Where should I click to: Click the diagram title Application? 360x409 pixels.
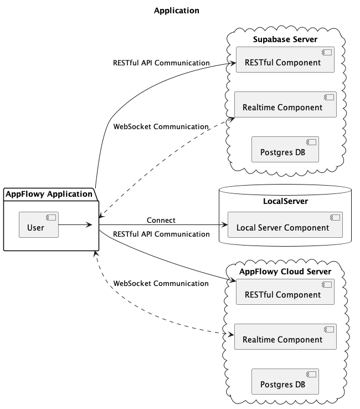pyautogui.click(x=177, y=11)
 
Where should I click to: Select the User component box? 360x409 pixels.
pyautogui.click(x=38, y=224)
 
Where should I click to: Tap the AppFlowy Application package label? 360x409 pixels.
pyautogui.click(x=49, y=194)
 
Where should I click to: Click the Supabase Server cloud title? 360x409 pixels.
pyautogui.click(x=285, y=39)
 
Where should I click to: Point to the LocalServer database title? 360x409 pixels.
pyautogui.click(x=285, y=201)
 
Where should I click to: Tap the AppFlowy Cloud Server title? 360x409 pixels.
pyautogui.click(x=285, y=272)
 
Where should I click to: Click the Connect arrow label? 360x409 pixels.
pyautogui.click(x=161, y=221)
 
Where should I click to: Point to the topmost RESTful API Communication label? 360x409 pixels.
pyautogui.click(x=161, y=63)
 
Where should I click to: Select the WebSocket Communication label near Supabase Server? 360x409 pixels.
pyautogui.click(x=161, y=127)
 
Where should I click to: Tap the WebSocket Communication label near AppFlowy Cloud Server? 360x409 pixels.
pyautogui.click(x=161, y=284)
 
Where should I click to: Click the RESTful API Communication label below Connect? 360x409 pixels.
pyautogui.click(x=161, y=234)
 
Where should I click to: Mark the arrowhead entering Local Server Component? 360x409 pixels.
pyautogui.click(x=224, y=225)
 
